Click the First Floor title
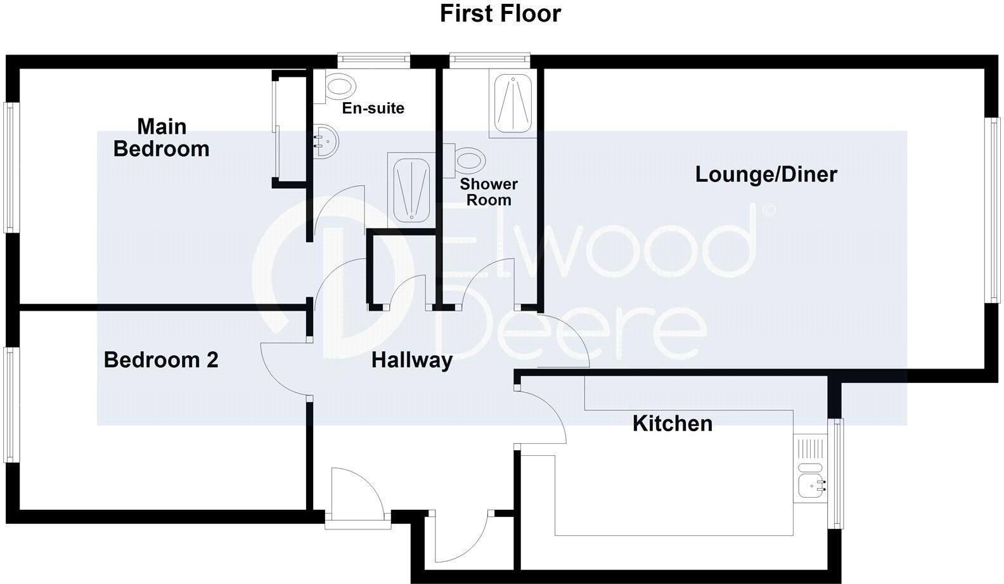pyautogui.click(x=500, y=13)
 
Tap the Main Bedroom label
pyautogui.click(x=162, y=138)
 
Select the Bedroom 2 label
pyautogui.click(x=161, y=360)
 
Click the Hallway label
pyautogui.click(x=412, y=360)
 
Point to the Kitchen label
pyautogui.click(x=672, y=424)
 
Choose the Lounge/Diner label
pyautogui.click(x=766, y=174)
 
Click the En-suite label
pyautogui.click(x=373, y=108)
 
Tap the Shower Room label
pyautogui.click(x=488, y=192)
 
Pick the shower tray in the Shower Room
pyautogui.click(x=512, y=105)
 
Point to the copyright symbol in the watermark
pyautogui.click(x=768, y=210)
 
